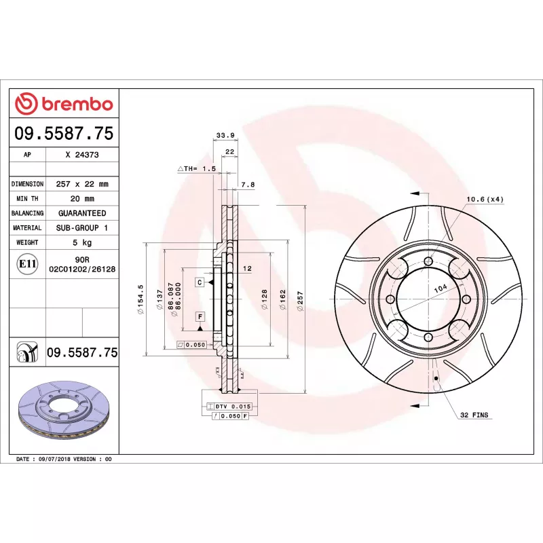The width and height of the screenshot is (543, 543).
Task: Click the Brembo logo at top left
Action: [64, 104]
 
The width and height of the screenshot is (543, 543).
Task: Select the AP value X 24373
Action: [82, 155]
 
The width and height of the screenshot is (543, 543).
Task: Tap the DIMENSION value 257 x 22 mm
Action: [82, 184]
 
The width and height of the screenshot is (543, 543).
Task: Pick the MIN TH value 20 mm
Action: [82, 199]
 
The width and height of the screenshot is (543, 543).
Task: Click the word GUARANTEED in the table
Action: [82, 213]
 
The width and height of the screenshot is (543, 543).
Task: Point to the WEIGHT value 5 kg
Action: [82, 242]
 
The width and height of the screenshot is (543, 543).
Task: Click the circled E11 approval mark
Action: [27, 264]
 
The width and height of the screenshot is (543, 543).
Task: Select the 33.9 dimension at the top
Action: [225, 135]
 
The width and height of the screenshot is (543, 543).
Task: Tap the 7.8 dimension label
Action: [248, 185]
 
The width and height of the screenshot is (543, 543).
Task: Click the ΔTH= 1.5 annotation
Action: [197, 168]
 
